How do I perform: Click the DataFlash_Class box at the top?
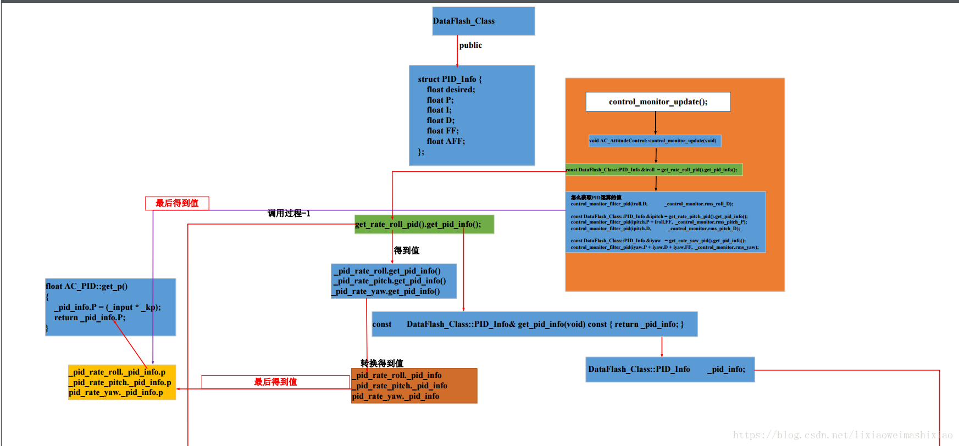tap(483, 21)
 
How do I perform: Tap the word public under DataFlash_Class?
tap(470, 45)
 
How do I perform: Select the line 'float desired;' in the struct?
tap(451, 90)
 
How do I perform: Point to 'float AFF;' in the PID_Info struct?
tap(446, 141)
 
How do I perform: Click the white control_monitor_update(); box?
tap(658, 102)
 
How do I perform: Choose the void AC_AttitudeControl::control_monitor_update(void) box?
tap(655, 141)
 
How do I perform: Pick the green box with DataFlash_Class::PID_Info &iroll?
tap(653, 170)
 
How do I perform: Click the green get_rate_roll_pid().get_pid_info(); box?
tap(424, 224)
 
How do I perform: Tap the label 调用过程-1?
tap(289, 213)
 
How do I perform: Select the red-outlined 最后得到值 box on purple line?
tap(177, 203)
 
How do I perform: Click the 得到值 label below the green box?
tap(407, 250)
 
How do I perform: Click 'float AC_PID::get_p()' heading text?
tap(87, 286)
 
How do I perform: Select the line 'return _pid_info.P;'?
tap(90, 317)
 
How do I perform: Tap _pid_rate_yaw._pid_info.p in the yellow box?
tap(116, 393)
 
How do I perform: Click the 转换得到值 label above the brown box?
tap(382, 363)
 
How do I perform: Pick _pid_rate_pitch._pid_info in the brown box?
tap(400, 386)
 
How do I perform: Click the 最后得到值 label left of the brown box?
tap(275, 382)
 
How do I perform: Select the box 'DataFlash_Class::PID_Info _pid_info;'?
tap(669, 369)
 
